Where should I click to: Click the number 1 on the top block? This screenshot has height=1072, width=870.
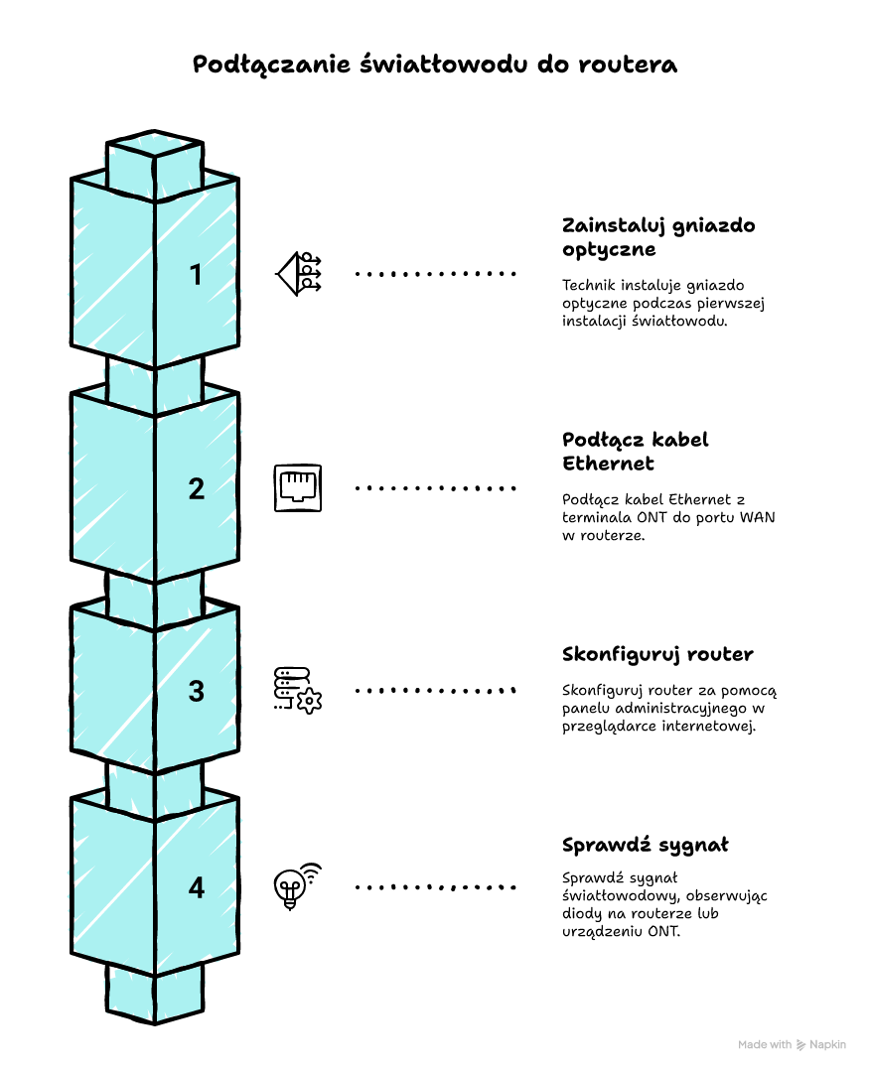pos(196,275)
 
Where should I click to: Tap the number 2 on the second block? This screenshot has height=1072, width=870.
pos(197,488)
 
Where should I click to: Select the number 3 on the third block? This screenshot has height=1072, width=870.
pos(197,691)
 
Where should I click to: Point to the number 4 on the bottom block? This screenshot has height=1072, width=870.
pos(197,887)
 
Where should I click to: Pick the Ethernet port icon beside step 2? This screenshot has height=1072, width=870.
pos(298,487)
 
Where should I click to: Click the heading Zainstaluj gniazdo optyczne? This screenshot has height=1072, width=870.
pos(657,236)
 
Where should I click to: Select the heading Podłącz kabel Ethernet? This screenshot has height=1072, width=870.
pos(635,451)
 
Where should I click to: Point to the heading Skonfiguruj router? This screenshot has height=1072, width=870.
pos(656,654)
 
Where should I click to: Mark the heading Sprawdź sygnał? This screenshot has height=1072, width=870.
pos(645,845)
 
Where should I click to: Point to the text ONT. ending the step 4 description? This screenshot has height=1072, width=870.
pos(664,932)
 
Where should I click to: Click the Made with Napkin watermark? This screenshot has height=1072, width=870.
pos(791,1044)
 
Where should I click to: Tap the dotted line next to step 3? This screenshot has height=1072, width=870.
pos(436,690)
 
